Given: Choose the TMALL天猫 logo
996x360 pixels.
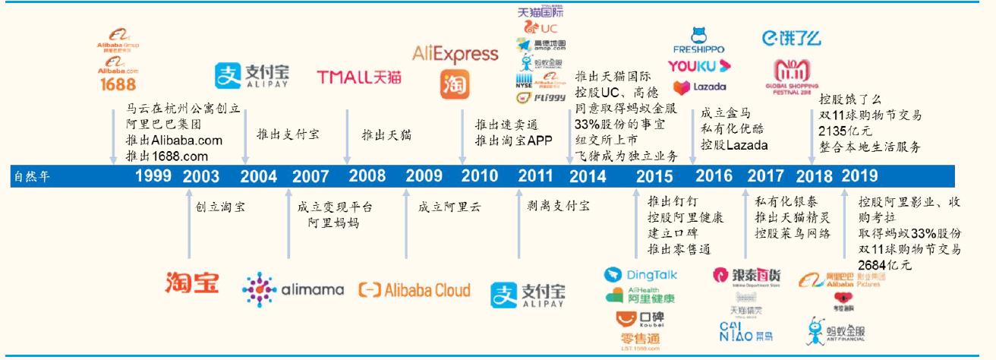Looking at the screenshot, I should pyautogui.click(x=359, y=76).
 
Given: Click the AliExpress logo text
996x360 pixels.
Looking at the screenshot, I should pyautogui.click(x=455, y=54).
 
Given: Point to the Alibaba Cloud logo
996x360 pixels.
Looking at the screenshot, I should pyautogui.click(x=414, y=289).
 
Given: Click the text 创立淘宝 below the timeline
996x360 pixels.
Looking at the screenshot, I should pyautogui.click(x=220, y=207).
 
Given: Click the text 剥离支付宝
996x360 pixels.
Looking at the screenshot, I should pyautogui.click(x=558, y=207).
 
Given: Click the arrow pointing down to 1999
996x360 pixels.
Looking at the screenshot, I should pyautogui.click(x=114, y=137).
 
